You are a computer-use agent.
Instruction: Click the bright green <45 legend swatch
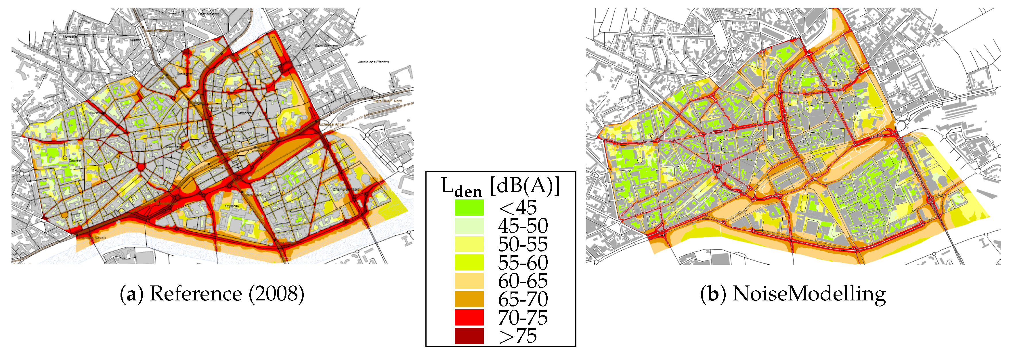coord(469,207)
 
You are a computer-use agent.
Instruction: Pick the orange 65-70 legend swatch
coord(469,299)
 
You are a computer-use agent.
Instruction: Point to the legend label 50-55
coord(523,244)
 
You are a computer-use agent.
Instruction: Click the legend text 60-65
coord(523,281)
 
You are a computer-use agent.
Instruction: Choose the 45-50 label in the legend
coord(523,226)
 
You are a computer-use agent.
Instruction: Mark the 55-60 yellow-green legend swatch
coord(469,262)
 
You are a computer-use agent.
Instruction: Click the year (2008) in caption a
coord(276,294)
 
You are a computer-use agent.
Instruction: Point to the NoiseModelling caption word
coord(809,294)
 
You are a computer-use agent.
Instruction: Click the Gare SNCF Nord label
coord(387,101)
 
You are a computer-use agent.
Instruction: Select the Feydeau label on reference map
coord(232,206)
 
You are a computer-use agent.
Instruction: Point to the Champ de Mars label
coord(346,189)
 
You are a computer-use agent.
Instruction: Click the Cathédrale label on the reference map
coord(245,113)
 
